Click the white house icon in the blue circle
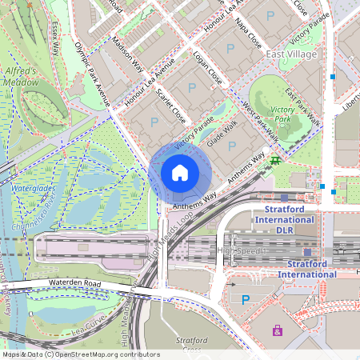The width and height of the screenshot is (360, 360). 180,173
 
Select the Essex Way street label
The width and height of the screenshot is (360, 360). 55,38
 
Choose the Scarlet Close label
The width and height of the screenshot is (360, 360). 171,105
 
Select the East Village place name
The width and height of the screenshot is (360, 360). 291,54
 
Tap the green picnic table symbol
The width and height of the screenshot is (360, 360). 275,161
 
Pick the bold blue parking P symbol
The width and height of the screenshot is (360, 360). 246,300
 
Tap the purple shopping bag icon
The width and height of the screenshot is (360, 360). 278,330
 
